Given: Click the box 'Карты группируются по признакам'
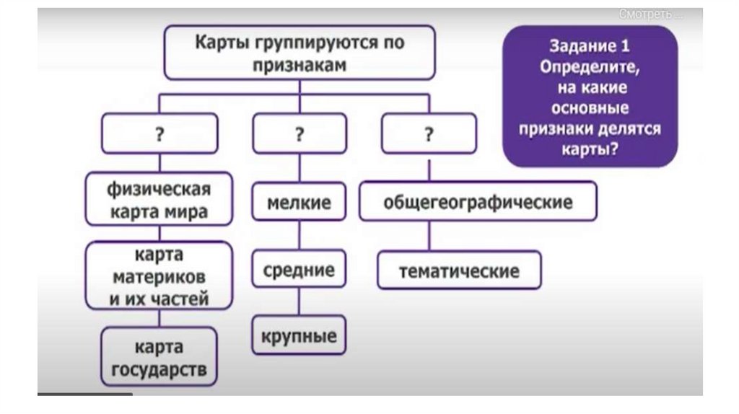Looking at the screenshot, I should pos(299,53).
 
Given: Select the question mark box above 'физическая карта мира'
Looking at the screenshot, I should pos(160,133).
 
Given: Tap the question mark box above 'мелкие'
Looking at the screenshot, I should pos(299,133).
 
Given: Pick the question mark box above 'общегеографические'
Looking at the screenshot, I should pos(429,133).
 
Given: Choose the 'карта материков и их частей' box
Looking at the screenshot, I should pos(159,277).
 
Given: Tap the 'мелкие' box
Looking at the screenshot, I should pos(299,202).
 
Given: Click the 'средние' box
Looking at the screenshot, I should pos(299,270).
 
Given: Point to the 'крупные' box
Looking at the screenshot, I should pos(299,336).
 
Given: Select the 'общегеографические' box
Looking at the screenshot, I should pos(478,201).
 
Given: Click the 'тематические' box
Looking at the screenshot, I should pos(459,270).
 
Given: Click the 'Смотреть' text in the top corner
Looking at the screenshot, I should pos(650,14).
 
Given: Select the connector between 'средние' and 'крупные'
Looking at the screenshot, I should pos(299,304).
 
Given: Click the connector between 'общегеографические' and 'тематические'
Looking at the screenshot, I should pos(430,236).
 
